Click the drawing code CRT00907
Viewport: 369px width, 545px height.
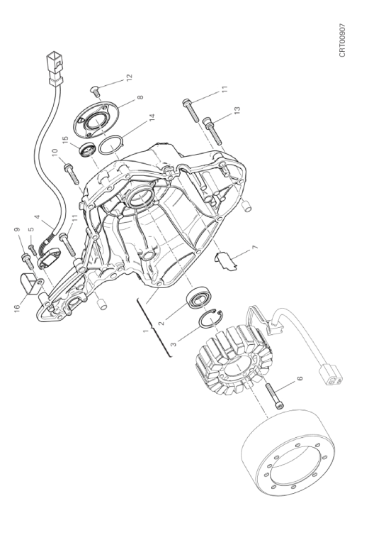(342, 40)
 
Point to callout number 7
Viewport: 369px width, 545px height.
(255, 248)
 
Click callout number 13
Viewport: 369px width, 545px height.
(237, 110)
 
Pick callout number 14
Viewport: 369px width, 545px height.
(151, 119)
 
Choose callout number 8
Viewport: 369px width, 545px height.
(140, 97)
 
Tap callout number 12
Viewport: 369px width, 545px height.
(129, 77)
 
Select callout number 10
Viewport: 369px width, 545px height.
(55, 153)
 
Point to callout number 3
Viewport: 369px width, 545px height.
(174, 343)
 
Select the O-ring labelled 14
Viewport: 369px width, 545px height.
(110, 146)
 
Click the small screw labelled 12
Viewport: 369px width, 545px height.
(95, 90)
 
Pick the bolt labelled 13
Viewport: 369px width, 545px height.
(212, 131)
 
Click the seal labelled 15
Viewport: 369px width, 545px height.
(87, 150)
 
